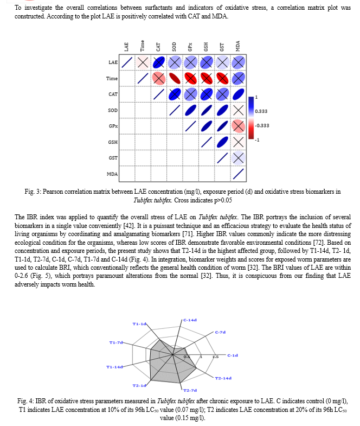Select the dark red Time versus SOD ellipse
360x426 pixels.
tap(174, 79)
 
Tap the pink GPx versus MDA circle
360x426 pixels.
tap(237, 126)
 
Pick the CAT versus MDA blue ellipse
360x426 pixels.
tap(237, 94)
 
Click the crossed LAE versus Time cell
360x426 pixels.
tap(143, 63)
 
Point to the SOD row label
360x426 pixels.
tap(113, 111)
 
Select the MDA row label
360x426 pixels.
tap(112, 174)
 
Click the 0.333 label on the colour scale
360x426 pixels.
tap(261, 111)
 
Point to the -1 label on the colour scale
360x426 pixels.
tap(258, 139)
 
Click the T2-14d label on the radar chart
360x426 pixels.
tap(223, 378)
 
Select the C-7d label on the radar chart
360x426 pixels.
tap(220, 332)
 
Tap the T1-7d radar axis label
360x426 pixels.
tap(116, 342)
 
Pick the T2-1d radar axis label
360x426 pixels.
tap(139, 385)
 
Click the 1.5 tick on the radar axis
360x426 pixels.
tap(215, 357)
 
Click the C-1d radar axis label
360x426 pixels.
tap(233, 355)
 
